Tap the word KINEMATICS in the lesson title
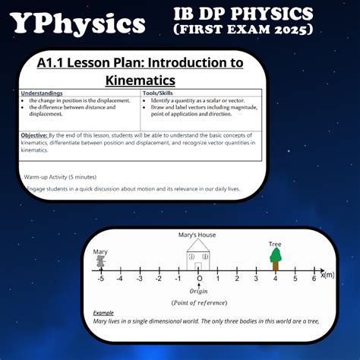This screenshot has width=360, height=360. click(140, 79)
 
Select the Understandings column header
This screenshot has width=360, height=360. click(42, 93)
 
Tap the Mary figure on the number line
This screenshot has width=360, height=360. click(100, 262)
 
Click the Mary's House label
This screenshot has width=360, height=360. click(198, 235)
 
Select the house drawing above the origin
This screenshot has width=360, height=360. click(198, 256)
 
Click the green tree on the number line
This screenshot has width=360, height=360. click(276, 258)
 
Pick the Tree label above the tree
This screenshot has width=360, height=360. click(275, 244)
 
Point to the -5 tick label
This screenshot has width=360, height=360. click(99, 279)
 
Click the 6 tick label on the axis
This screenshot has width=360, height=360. click(314, 279)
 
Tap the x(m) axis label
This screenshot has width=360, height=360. click(327, 275)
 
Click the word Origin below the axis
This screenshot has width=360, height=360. click(198, 291)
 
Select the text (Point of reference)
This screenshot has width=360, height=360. click(199, 302)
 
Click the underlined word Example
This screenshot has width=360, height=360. click(104, 313)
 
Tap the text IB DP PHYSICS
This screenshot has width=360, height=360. click(243, 14)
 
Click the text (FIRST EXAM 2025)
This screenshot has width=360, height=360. click(243, 29)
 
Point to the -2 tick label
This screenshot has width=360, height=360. click(158, 279)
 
